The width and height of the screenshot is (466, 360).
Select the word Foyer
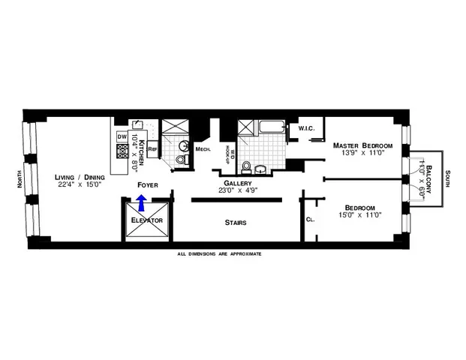tap(146, 184)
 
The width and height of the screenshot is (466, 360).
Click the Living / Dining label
tap(80, 178)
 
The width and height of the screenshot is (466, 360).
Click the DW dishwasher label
tap(122, 137)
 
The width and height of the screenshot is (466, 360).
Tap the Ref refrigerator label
tap(152, 149)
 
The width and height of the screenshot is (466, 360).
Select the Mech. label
tap(203, 149)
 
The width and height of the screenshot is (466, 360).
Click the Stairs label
tap(236, 223)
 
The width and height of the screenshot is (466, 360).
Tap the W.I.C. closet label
tap(305, 129)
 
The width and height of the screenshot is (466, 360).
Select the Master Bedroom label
tap(363, 144)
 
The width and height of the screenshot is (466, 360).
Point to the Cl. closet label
tap(310, 220)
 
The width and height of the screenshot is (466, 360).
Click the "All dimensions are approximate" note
tap(219, 254)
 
